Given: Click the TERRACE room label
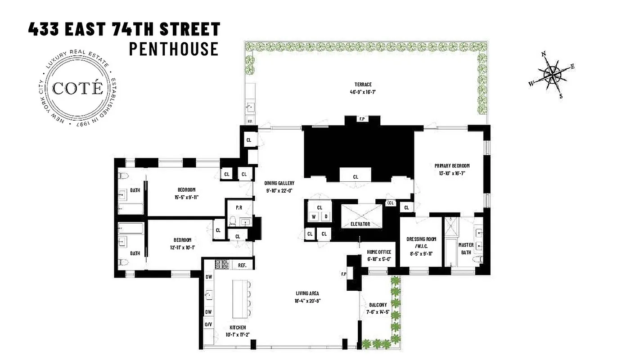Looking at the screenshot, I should pyautogui.click(x=362, y=85).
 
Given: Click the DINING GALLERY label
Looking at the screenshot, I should pyautogui.click(x=279, y=183).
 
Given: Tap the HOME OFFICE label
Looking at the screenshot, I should pyautogui.click(x=379, y=252).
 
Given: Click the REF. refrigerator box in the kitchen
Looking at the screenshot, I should pyautogui.click(x=242, y=265).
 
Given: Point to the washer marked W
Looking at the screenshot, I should pyautogui.click(x=314, y=216).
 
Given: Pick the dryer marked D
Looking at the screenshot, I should pyautogui.click(x=326, y=216).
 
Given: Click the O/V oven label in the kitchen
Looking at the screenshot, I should pyautogui.click(x=209, y=324).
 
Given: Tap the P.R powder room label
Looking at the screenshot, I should pyautogui.click(x=239, y=207).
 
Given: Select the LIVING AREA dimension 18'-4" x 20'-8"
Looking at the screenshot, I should pyautogui.click(x=307, y=301).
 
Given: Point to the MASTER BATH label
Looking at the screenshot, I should pyautogui.click(x=466, y=248).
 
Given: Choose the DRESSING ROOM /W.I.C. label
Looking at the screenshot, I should pyautogui.click(x=420, y=243).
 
